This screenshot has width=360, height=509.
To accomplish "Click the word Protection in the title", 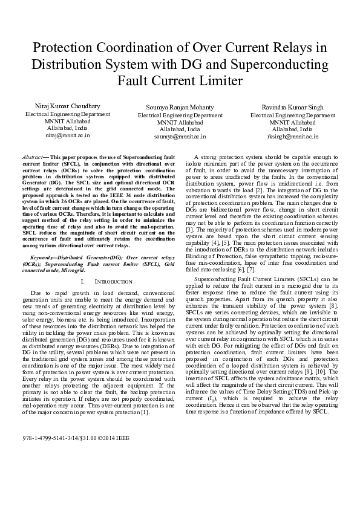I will tap(65, 48).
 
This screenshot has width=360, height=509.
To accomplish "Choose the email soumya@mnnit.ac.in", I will tap(180, 137).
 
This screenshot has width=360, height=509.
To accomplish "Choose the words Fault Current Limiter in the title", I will tap(180, 80).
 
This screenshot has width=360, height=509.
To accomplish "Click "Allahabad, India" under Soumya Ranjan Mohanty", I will tap(180, 129).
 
